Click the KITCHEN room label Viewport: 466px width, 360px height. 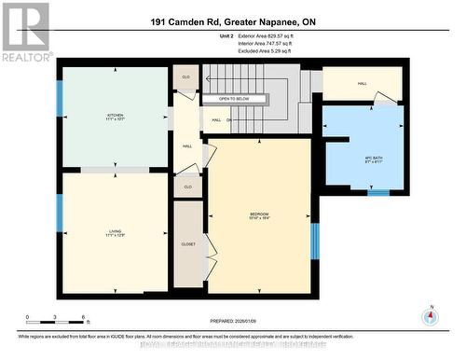click(x=115, y=118)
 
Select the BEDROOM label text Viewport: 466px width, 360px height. click(x=259, y=216)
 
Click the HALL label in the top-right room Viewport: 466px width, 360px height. click(x=362, y=83)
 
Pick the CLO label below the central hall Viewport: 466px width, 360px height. click(x=187, y=187)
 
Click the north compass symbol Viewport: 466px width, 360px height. click(x=429, y=315)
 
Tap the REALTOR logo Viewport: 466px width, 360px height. click(x=26, y=32)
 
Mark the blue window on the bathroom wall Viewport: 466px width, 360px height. click(x=377, y=193)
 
